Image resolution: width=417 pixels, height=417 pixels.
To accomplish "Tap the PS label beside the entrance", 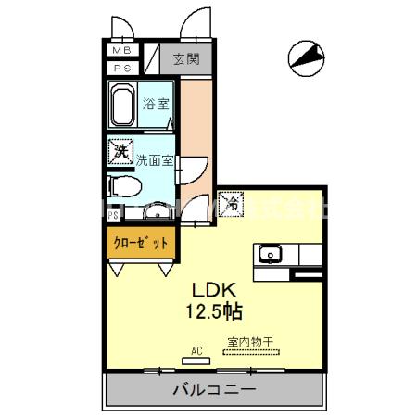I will pos(121,68).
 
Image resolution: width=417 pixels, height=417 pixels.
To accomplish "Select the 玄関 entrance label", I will pos(185,60).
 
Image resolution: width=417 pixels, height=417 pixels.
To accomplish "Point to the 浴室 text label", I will pos(156,105).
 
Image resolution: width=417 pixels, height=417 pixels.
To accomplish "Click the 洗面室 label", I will pos(154,159).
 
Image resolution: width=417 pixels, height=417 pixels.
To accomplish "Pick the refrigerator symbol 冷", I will pos(227,198).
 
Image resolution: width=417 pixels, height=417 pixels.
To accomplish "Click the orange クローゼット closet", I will pos(141,244).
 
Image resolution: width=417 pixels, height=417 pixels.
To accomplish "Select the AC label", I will pos(196,349).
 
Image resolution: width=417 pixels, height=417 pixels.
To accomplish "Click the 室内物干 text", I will pos(250,341).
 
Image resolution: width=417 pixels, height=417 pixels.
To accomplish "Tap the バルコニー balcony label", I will pos(213,390).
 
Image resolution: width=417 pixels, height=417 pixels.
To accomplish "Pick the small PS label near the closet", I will pos(113,216).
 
